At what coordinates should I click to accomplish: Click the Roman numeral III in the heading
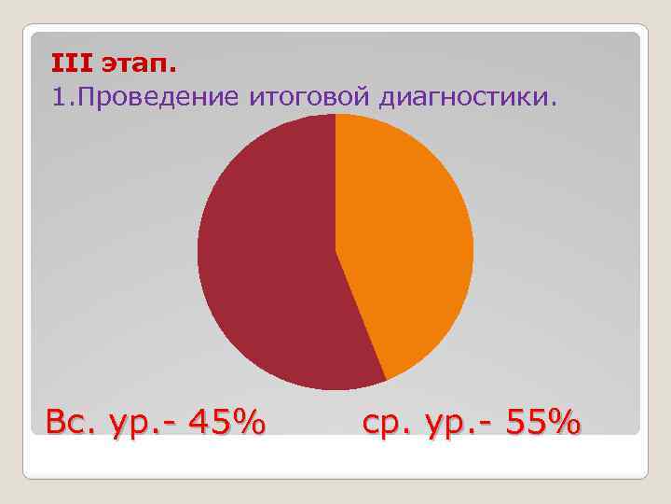click(x=71, y=65)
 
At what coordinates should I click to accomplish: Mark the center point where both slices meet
click(x=335, y=252)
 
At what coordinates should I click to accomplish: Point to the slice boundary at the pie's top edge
click(x=335, y=115)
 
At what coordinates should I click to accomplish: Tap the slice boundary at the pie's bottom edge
click(x=386, y=380)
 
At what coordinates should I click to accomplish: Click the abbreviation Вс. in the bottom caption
click(x=70, y=423)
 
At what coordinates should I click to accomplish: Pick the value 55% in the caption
click(x=543, y=423)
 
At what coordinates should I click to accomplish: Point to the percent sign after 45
click(x=248, y=423)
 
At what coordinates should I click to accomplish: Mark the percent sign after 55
click(x=565, y=423)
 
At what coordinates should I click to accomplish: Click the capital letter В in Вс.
click(x=59, y=423)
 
